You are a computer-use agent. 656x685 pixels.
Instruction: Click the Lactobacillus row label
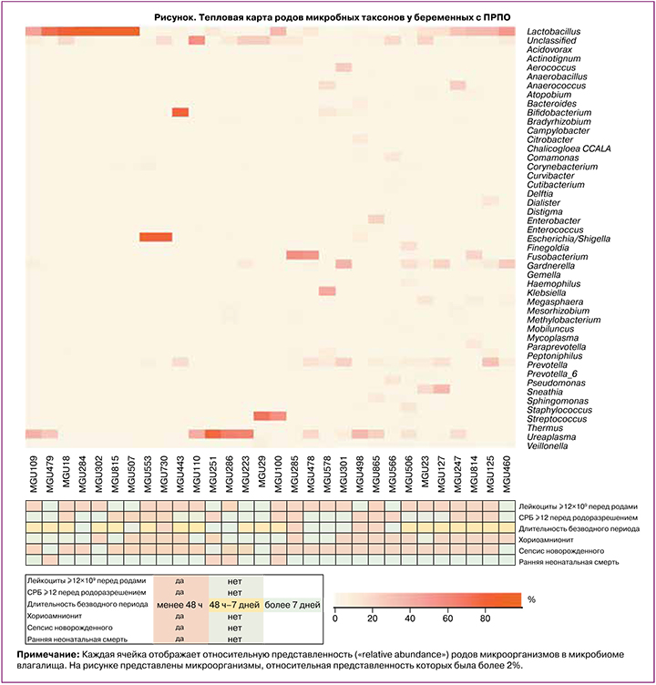553,32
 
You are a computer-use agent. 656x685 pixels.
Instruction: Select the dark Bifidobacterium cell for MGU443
180,113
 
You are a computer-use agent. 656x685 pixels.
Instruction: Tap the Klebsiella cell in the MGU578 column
327,291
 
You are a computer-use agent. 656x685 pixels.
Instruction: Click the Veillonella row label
552,446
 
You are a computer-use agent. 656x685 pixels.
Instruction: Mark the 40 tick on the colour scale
410,619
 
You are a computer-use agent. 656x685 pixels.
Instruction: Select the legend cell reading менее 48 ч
180,604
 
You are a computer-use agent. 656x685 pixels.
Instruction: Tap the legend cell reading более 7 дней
292,604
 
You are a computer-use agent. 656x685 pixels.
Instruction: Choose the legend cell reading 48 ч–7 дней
235,604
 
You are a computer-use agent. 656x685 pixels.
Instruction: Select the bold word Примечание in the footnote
47,655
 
